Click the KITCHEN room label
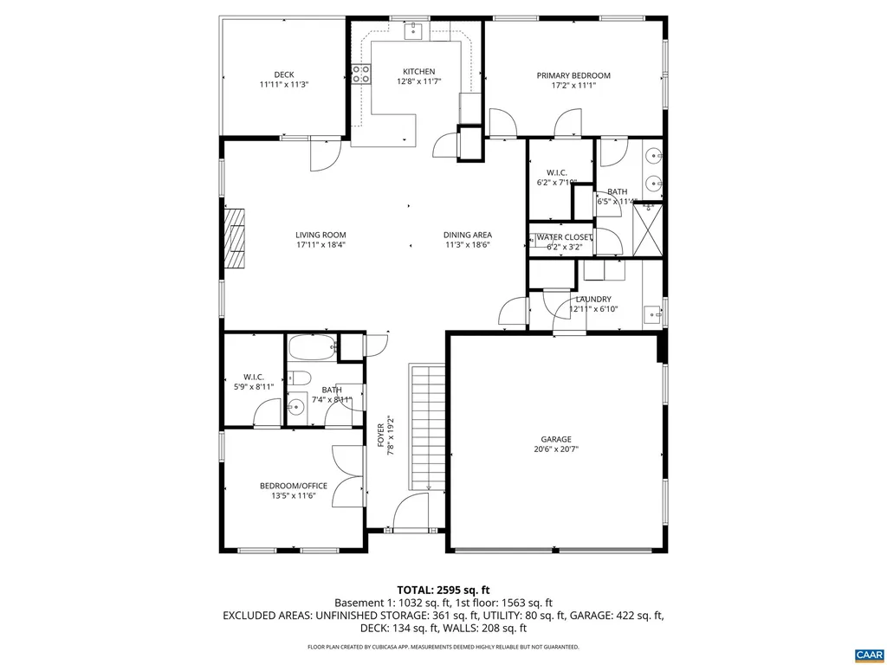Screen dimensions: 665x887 tap(418, 72)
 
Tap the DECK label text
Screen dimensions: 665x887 tap(284, 74)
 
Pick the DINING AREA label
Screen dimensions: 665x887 tap(468, 235)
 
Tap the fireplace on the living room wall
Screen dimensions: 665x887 tap(235, 241)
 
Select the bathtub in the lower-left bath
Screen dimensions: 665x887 tap(312, 350)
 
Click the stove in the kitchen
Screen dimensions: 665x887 tap(361, 75)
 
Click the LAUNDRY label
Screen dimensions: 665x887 tap(593, 300)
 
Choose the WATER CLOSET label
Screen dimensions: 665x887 tap(564, 237)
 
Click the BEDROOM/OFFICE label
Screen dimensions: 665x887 tap(294, 486)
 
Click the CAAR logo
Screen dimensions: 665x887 tap(867, 653)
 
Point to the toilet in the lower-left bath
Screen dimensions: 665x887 tap(299, 378)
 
